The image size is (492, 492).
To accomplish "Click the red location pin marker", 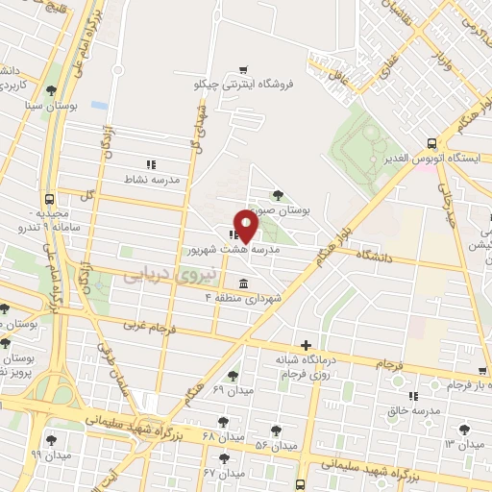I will click(x=246, y=225).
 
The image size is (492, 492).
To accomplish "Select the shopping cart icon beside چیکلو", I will click(x=244, y=68).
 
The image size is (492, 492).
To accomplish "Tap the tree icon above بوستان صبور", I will click(x=278, y=194).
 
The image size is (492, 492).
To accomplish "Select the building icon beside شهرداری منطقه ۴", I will click(x=242, y=284).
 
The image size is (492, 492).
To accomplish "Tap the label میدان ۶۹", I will click(x=231, y=389).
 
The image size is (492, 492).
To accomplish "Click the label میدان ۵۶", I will click(x=274, y=445).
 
